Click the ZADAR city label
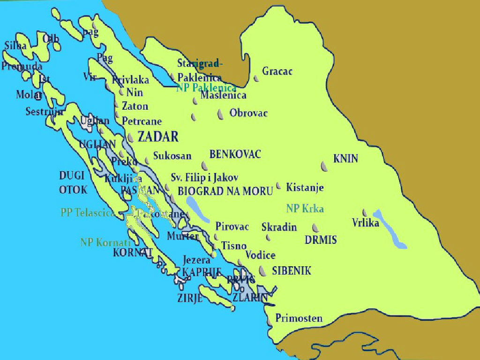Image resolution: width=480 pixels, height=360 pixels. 158,136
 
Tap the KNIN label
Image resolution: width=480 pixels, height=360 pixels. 345,158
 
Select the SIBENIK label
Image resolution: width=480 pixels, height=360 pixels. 291,271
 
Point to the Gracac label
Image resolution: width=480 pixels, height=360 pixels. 277,71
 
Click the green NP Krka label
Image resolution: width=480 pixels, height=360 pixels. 305,209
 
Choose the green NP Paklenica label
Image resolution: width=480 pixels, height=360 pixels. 206,88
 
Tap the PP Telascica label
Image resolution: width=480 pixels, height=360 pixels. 88,212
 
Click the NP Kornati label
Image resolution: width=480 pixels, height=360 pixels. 105,242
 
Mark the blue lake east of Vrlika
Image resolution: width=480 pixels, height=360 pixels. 392,229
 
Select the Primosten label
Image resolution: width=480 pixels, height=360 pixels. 299,318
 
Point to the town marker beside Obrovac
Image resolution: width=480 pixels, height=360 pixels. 220,114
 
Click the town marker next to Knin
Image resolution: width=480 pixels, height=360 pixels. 324,165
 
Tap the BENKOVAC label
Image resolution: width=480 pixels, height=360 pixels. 235,154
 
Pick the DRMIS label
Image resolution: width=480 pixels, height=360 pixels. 321,240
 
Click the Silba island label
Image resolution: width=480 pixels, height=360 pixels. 15,45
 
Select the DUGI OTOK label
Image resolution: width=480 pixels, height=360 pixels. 73,182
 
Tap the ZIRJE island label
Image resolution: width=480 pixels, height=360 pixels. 189,297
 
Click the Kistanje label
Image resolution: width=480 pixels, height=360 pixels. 305,187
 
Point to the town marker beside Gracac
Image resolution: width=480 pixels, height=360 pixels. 256,79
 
